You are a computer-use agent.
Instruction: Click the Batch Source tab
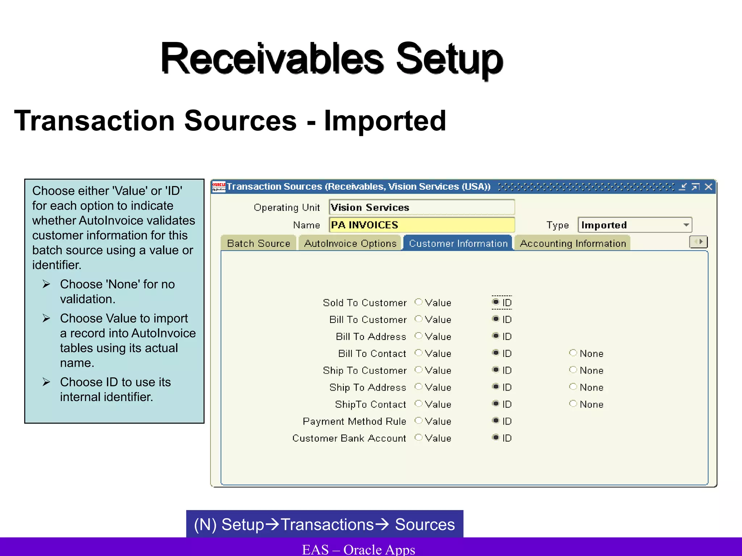coord(258,243)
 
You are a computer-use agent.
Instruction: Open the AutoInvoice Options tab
coord(350,243)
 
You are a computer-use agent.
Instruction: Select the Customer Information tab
coord(458,243)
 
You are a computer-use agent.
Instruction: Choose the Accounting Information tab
coord(573,243)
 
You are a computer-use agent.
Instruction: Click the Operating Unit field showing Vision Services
coord(422,207)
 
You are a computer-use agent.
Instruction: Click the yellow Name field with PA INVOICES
coord(422,225)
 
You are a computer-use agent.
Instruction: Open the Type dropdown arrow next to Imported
coord(686,225)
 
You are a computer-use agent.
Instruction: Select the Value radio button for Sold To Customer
coord(418,302)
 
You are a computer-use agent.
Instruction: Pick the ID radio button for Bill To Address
coord(496,336)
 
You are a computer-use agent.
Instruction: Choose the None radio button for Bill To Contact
coord(573,353)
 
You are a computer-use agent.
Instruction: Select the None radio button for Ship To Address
coord(573,387)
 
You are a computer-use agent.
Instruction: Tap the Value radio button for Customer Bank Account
coord(418,437)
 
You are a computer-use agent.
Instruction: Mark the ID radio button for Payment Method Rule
coord(496,421)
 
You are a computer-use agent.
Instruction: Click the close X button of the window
coord(708,187)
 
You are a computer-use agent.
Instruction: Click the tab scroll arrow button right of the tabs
coord(698,242)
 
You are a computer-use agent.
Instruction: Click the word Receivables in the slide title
coord(272,59)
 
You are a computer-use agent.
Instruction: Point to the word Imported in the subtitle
coord(385,121)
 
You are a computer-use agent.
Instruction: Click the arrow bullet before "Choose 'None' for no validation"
coord(46,284)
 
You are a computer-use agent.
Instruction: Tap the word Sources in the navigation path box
coord(425,525)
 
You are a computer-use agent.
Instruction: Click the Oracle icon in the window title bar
coord(219,187)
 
